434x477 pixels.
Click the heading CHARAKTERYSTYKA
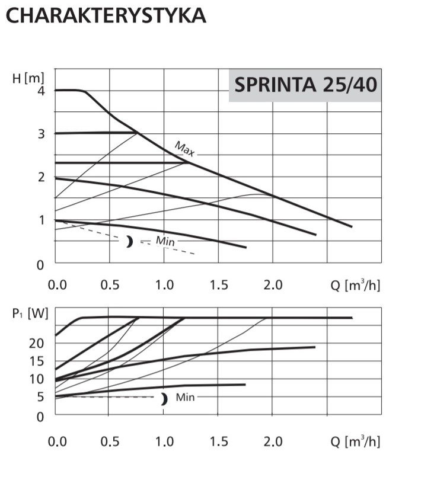click(x=106, y=15)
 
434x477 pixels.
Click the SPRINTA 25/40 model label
click(x=305, y=85)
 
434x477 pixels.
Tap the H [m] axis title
click(x=28, y=78)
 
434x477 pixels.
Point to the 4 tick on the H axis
click(x=42, y=91)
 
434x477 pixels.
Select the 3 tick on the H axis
click(x=42, y=134)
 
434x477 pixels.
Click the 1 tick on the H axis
click(x=42, y=220)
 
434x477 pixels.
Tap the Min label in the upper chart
click(x=165, y=241)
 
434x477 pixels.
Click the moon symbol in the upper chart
click(x=129, y=241)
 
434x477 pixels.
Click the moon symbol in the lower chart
click(x=163, y=399)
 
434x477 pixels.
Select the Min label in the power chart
click(x=185, y=398)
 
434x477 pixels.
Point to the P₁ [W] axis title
click(x=30, y=313)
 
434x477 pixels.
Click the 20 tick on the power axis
click(x=37, y=343)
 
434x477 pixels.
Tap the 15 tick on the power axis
click(x=37, y=361)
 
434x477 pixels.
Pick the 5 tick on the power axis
click(x=40, y=398)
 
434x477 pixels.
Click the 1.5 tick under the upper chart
click(x=218, y=285)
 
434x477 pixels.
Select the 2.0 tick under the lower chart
click(x=272, y=441)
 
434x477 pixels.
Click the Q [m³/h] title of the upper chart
click(x=355, y=285)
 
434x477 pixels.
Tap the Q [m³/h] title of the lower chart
click(x=355, y=441)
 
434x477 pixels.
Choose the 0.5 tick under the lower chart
click(x=110, y=441)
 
